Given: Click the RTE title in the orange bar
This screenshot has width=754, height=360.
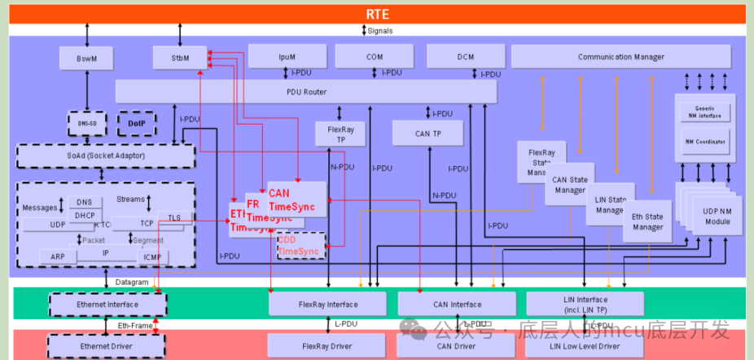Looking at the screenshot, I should pyautogui.click(x=377, y=14).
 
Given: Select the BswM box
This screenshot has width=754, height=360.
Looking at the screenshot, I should pyautogui.click(x=87, y=58).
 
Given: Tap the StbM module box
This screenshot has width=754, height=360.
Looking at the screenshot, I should pyautogui.click(x=180, y=58).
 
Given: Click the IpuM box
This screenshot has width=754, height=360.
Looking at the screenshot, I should pyautogui.click(x=287, y=57).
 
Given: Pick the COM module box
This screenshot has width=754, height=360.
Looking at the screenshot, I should pyautogui.click(x=375, y=57).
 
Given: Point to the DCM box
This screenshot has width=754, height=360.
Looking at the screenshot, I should pyautogui.click(x=465, y=57).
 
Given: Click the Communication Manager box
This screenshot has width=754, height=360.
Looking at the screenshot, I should pyautogui.click(x=620, y=57).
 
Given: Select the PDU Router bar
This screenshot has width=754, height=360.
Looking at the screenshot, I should pyautogui.click(x=306, y=92).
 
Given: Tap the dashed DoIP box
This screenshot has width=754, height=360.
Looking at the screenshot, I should pyautogui.click(x=136, y=123).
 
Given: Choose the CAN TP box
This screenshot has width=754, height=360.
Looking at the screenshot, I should pyautogui.click(x=427, y=133).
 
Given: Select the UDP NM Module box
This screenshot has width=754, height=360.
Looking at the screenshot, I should pyautogui.click(x=717, y=217).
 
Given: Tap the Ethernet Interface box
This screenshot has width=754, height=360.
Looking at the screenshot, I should pyautogui.click(x=107, y=305).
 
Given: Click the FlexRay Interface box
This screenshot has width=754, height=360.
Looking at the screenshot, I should pyautogui.click(x=328, y=305).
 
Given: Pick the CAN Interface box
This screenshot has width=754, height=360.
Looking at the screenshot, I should pyautogui.click(x=456, y=305).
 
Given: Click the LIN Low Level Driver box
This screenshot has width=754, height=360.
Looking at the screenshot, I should pyautogui.click(x=584, y=346).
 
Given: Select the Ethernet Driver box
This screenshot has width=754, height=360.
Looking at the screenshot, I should pyautogui.click(x=107, y=346).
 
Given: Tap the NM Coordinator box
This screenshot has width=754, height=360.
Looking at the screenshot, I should pyautogui.click(x=705, y=143).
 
